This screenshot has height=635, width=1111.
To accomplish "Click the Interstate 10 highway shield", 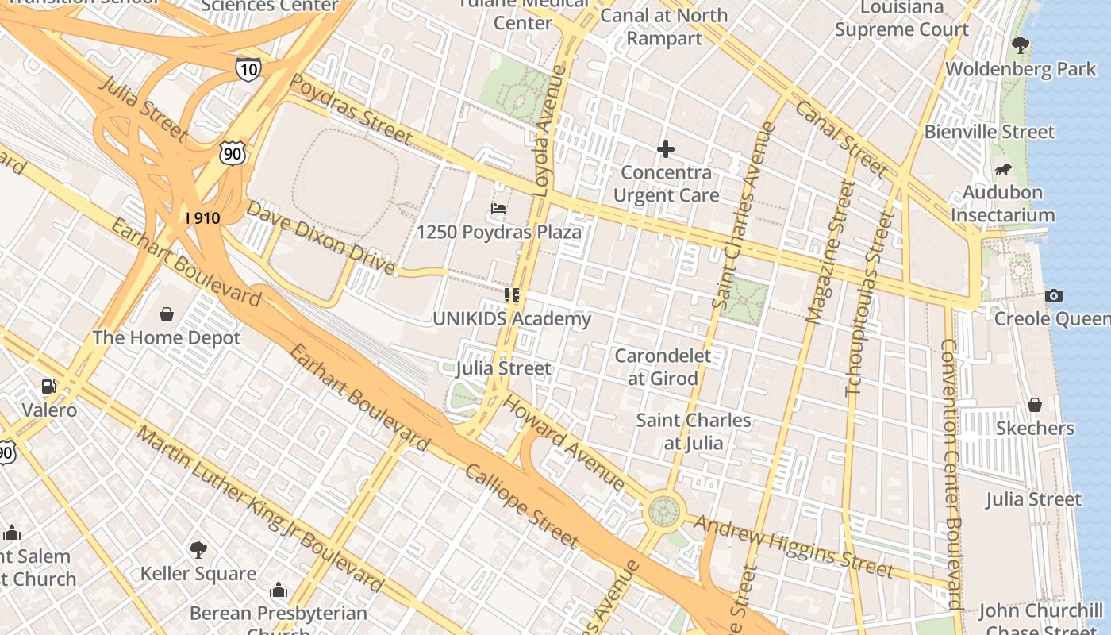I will click(248, 69).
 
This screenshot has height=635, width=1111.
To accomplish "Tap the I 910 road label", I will click(202, 217).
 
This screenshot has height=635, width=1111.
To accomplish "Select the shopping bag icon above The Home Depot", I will click(167, 315).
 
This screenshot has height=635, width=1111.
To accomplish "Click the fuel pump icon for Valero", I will click(49, 387).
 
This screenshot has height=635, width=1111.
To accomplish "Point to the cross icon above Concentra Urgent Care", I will click(666, 149).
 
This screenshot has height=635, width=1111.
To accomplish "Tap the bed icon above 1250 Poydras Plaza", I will click(498, 209).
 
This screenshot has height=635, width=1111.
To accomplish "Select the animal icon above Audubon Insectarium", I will click(1003, 170).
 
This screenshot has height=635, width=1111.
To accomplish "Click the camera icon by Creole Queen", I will click(1054, 296).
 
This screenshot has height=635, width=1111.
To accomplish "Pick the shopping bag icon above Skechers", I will click(1035, 406).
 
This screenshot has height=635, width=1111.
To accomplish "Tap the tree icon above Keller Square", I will click(198, 550).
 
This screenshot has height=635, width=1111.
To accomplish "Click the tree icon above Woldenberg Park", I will click(1021, 46).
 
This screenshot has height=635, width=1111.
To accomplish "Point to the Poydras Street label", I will click(351, 110).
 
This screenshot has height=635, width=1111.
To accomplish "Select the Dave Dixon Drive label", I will click(320, 237).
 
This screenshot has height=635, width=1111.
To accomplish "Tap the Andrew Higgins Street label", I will click(794, 546).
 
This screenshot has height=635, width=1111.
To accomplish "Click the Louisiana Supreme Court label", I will click(901, 19).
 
